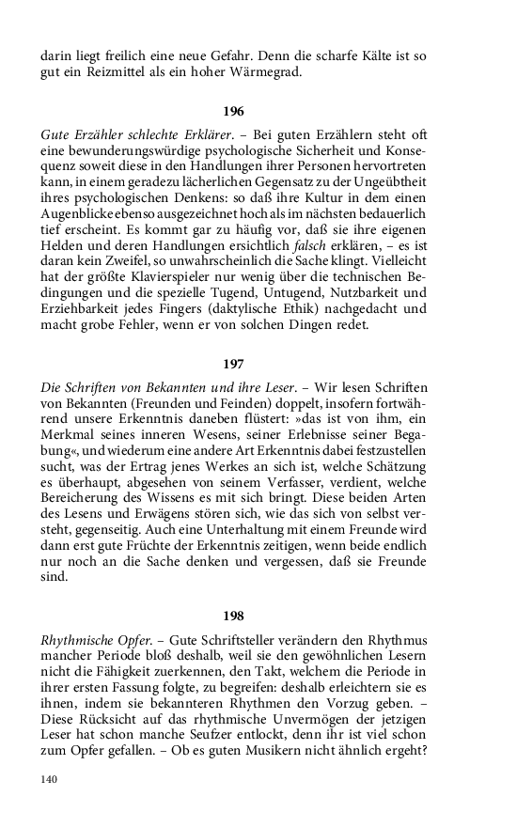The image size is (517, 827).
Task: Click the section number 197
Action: pyautogui.click(x=233, y=362)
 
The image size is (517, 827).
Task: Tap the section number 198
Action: pyautogui.click(x=233, y=616)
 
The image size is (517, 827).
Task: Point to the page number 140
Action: pyautogui.click(x=50, y=779)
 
